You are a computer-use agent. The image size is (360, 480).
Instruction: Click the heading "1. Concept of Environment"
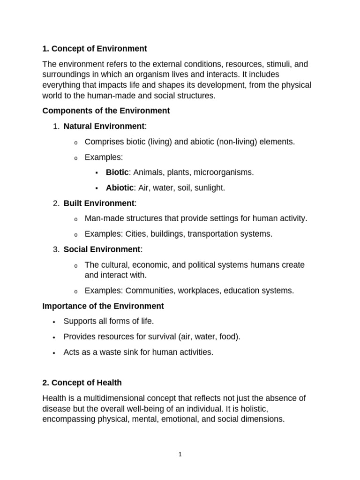pos(94,48)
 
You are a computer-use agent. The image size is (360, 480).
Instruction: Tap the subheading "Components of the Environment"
pos(106,111)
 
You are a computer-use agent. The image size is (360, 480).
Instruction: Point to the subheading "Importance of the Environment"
pos(103,306)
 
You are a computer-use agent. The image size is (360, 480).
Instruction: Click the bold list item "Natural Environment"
pos(104,126)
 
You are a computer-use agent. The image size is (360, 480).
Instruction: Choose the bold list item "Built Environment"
pos(99,203)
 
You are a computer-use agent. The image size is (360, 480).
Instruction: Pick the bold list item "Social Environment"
pos(102,249)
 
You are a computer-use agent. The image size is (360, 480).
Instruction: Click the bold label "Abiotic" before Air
pos(120,187)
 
